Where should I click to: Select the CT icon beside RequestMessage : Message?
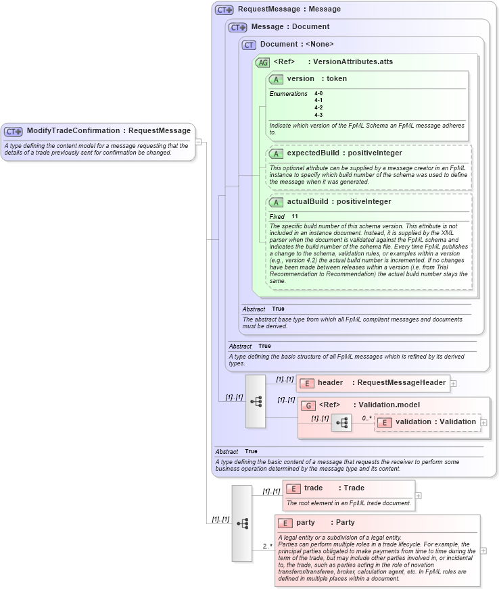coord(224,9)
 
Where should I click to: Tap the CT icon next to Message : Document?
coord(238,27)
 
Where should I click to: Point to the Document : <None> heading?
coord(297,45)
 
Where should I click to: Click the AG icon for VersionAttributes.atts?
coord(262,62)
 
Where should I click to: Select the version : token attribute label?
coord(316,79)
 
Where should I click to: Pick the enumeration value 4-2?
coord(318,107)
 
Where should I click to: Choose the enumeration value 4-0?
coord(318,93)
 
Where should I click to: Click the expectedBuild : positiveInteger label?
coord(344,153)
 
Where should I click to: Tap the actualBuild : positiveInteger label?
coord(339,201)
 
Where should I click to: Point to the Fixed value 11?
coord(295,216)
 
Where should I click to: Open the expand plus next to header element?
coord(453,383)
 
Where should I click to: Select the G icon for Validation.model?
coord(308,405)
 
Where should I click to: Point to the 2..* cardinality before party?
coord(268,546)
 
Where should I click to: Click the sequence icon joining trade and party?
coord(242,523)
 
